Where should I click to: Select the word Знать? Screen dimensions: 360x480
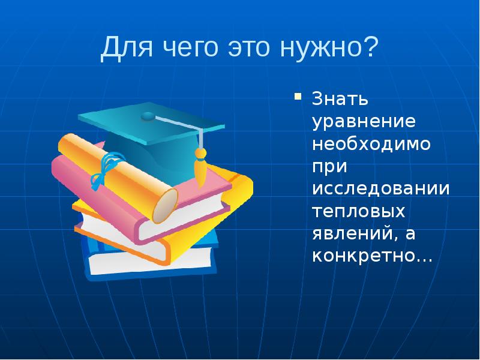pos(339,96)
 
